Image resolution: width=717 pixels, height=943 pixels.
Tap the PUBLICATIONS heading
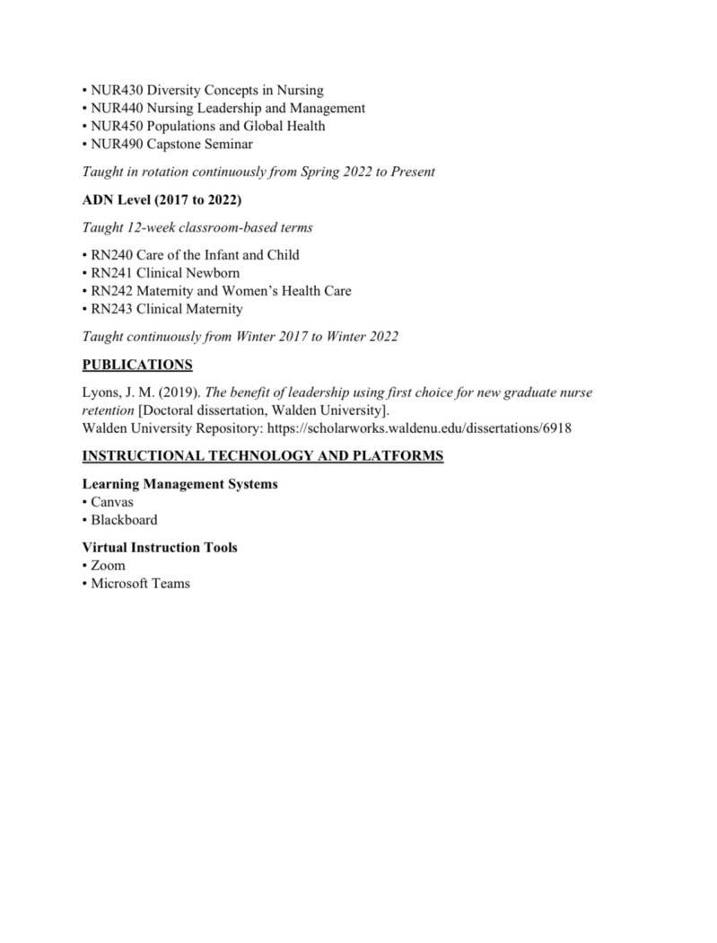coord(136,365)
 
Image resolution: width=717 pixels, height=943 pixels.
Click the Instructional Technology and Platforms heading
coord(262,456)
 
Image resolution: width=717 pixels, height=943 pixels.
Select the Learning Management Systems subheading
coord(179,484)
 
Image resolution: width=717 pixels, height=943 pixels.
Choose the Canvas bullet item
coord(111,502)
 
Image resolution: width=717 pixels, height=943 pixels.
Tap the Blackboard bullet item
coord(123,520)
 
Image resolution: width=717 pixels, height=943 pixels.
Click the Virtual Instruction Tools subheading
coord(160,548)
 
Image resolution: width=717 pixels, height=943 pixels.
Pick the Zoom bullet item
coord(108,566)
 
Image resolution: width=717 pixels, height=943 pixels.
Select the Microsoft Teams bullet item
coord(140,584)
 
